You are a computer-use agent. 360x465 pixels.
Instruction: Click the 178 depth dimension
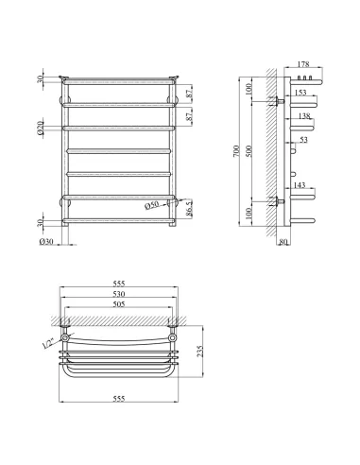point(303,64)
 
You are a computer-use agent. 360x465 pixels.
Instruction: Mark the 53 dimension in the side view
point(303,140)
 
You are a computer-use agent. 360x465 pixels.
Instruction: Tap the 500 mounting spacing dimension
point(249,150)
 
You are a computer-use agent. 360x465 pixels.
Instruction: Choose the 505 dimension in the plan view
point(119,306)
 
